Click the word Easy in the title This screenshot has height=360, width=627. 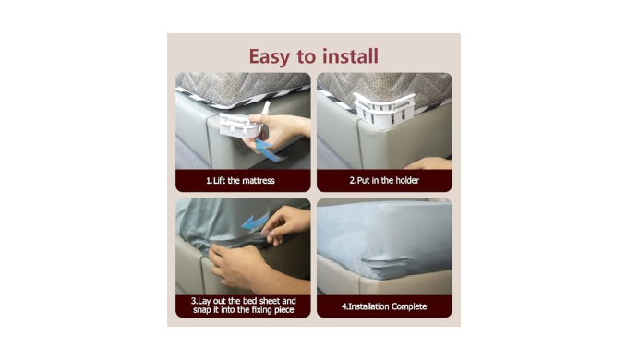[270, 56]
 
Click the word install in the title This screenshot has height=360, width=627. [350, 56]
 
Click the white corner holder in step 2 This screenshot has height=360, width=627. [384, 109]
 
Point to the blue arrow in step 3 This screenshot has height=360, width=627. [255, 221]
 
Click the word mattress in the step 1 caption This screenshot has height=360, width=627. [257, 181]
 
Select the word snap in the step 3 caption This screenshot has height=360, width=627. [202, 310]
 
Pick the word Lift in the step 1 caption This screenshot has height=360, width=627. [220, 181]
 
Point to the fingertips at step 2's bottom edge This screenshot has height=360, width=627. [427, 163]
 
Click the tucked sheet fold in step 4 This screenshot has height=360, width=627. [385, 264]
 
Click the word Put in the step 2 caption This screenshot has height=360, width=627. [364, 180]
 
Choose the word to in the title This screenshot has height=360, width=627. [307, 56]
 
